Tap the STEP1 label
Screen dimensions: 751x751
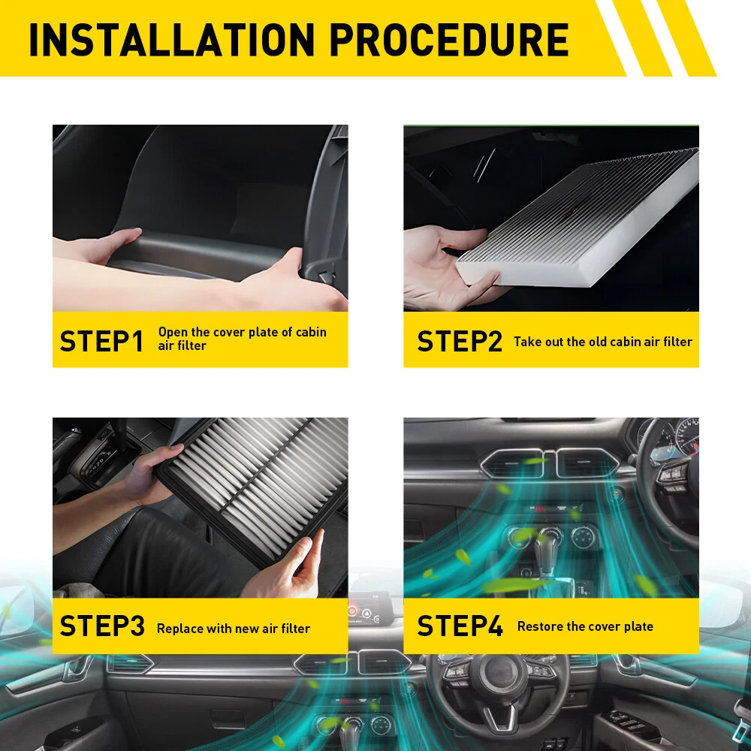pos(101,342)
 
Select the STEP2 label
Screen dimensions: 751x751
pos(460,342)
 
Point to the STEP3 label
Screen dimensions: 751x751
pos(102,626)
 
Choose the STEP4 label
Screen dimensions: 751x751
pos(460,626)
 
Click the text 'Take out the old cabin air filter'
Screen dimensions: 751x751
pos(603,342)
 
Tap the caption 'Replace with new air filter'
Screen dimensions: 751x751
pos(234,629)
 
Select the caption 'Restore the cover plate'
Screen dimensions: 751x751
pos(585,626)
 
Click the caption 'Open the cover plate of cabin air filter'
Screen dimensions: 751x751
pos(243,339)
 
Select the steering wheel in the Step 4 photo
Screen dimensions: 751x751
pos(671,484)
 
